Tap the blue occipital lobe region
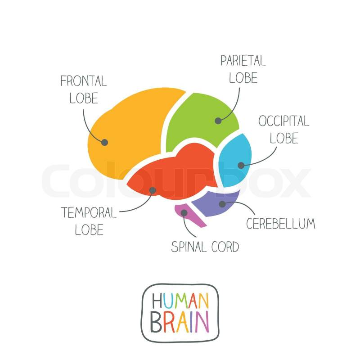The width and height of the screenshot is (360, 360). pyautogui.click(x=235, y=161)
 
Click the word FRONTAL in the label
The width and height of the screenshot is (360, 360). pyautogui.click(x=84, y=81)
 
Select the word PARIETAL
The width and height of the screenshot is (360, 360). pyautogui.click(x=243, y=60)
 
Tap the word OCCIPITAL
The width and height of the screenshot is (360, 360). pyautogui.click(x=284, y=121)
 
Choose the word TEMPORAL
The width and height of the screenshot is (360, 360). pyautogui.click(x=89, y=212)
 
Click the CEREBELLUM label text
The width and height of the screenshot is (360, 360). pyautogui.click(x=280, y=224)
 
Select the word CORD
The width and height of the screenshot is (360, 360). pyautogui.click(x=225, y=247)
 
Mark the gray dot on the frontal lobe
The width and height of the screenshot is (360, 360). pyautogui.click(x=105, y=142)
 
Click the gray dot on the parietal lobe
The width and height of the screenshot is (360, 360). pyautogui.click(x=218, y=121)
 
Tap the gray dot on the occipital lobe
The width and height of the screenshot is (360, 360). pyautogui.click(x=241, y=165)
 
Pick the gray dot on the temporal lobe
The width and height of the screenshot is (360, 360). pyautogui.click(x=153, y=190)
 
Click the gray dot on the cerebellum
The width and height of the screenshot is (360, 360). pyautogui.click(x=222, y=204)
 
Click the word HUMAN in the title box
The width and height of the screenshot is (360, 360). pyautogui.click(x=180, y=301)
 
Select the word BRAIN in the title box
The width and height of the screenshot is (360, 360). pyautogui.click(x=180, y=322)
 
